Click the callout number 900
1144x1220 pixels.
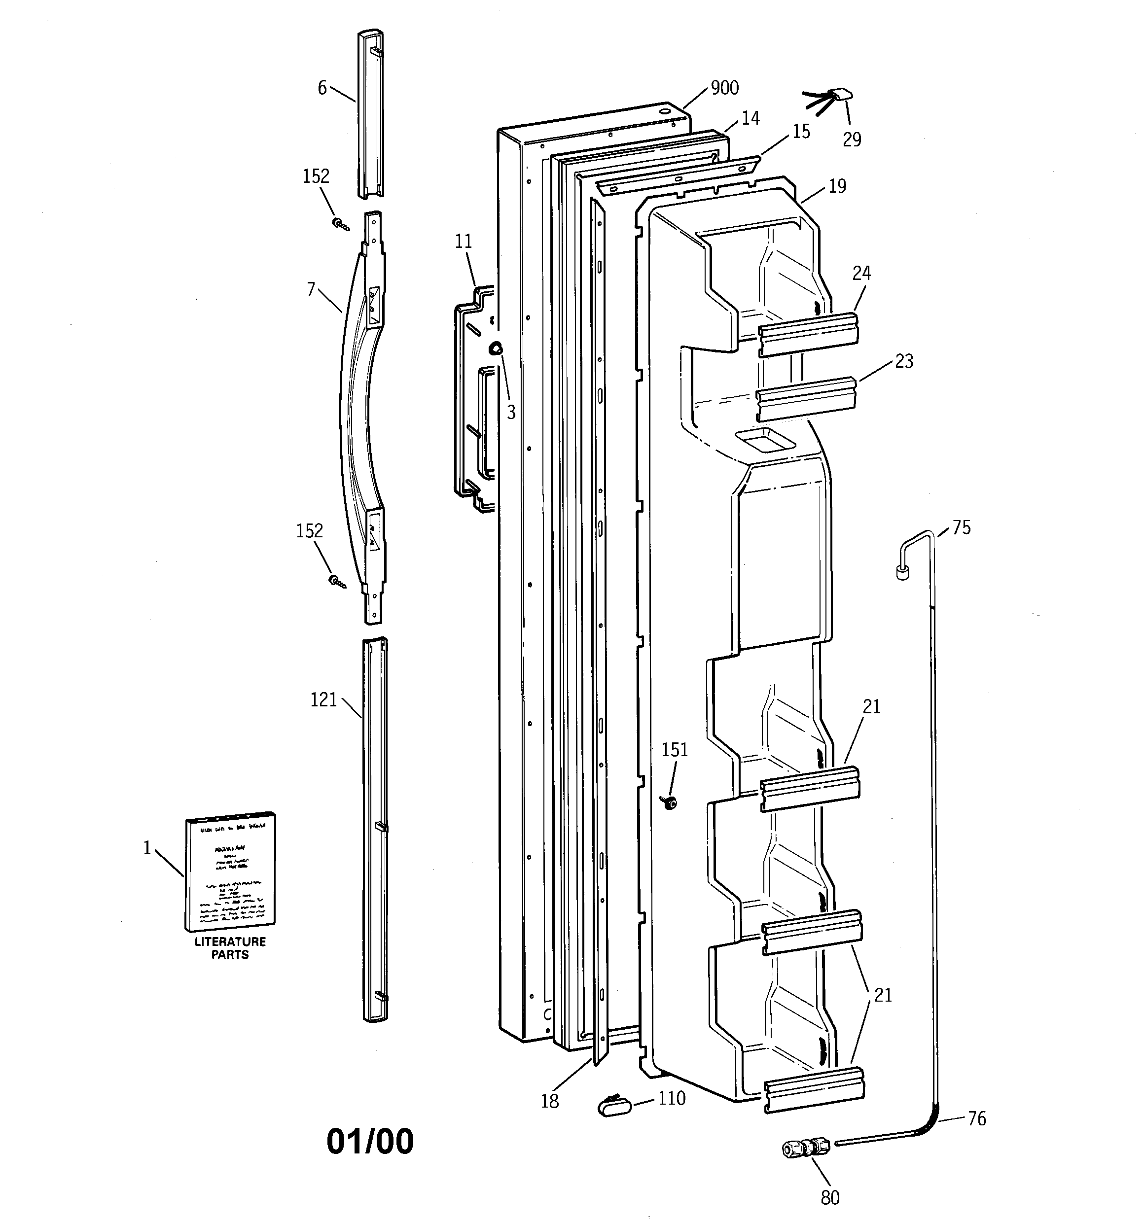pos(724,88)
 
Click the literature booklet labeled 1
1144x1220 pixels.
pos(230,872)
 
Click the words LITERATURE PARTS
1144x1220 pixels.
pos(230,948)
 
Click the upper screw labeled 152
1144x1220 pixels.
pos(340,224)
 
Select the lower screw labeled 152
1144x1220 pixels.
pos(336,581)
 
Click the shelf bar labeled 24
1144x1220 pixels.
pos(808,334)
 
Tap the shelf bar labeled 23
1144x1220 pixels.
pos(806,398)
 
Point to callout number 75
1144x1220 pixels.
pos(961,528)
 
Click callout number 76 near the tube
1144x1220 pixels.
pos(976,1119)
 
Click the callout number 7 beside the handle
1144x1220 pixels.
pos(311,288)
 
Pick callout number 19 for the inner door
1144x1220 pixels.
pos(837,186)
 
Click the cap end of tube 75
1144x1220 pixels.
pos(901,573)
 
